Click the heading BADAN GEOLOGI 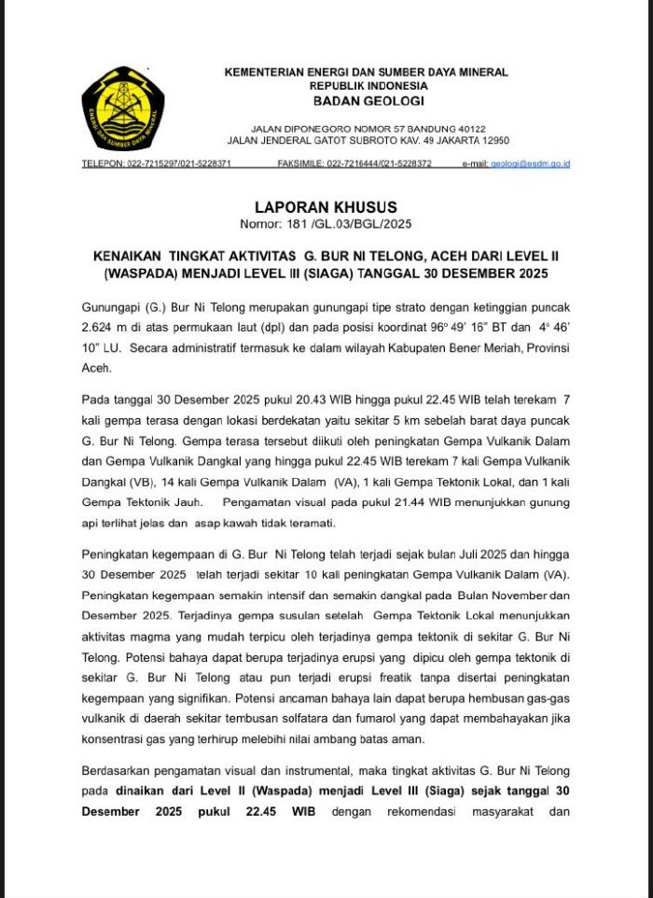(368, 101)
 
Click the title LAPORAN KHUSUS (326, 207)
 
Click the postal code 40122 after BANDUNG (465, 128)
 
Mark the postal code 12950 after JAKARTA (489, 140)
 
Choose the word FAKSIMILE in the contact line (300, 163)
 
